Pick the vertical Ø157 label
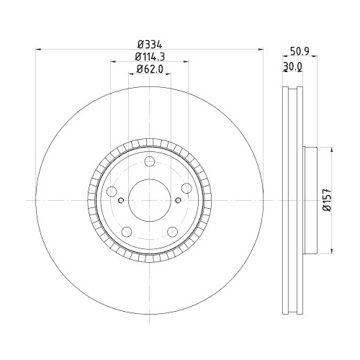coord(325,199)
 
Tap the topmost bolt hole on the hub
coord(149,162)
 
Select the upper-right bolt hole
coord(186,188)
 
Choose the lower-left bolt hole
coord(127,231)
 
